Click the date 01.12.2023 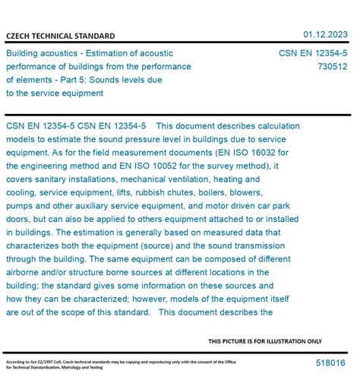[326, 34]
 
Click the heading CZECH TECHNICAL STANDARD [61, 36]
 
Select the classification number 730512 [333, 66]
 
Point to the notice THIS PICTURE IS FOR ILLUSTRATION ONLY [265, 341]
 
